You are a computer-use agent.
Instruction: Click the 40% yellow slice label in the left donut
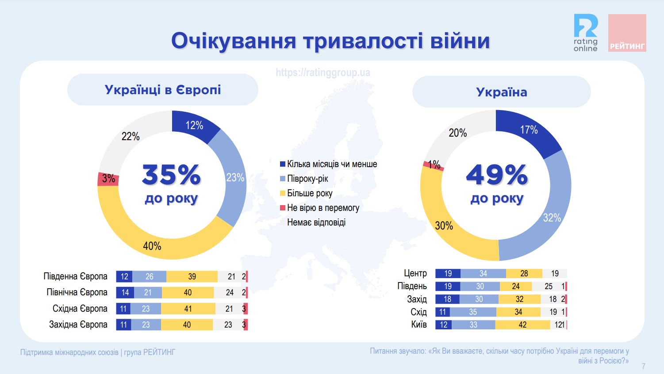(x=152, y=246)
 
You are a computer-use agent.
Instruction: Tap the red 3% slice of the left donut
(x=108, y=179)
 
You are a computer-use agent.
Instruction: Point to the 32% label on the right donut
(x=552, y=218)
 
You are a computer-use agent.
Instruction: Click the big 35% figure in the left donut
(x=171, y=175)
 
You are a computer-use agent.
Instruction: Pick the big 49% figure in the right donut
(x=497, y=175)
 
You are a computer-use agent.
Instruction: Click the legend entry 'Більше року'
(x=310, y=193)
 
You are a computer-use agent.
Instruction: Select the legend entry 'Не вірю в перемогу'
(x=323, y=208)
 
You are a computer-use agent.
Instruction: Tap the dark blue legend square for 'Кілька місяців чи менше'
(x=283, y=164)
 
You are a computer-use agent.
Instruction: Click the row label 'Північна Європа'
(x=77, y=292)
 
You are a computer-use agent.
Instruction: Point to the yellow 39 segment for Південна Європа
(x=192, y=276)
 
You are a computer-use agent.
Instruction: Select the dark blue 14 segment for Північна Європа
(x=124, y=292)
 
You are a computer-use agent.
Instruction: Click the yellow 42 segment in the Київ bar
(x=522, y=325)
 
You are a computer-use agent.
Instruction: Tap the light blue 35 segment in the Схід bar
(x=473, y=312)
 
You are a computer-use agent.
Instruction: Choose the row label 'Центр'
(x=415, y=273)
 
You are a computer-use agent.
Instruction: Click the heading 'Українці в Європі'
(x=163, y=90)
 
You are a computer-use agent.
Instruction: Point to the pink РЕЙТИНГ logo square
(x=627, y=33)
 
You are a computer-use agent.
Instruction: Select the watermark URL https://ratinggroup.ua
(x=323, y=73)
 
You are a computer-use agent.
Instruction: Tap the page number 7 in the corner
(x=644, y=366)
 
